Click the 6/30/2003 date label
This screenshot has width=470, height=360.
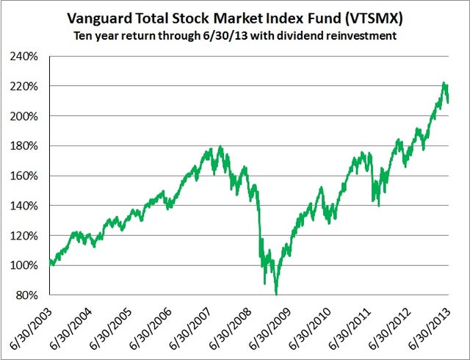[x=28, y=326]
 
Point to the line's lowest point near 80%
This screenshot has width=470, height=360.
[x=276, y=294]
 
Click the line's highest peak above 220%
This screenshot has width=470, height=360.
[x=444, y=84]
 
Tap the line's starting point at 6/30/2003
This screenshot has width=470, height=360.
[x=49, y=262]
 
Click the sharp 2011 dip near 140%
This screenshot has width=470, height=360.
[x=377, y=205]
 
